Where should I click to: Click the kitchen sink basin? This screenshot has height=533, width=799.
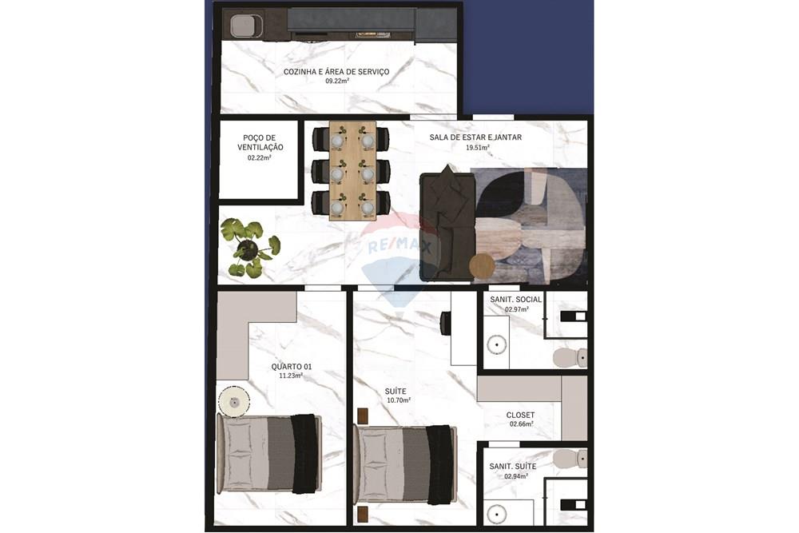tap(245, 26)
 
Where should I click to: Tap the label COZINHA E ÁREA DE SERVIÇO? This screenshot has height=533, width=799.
tap(336, 72)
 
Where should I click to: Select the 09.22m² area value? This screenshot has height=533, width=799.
tap(336, 82)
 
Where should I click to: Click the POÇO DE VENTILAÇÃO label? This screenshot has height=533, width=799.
tap(260, 142)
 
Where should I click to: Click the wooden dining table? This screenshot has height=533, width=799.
tap(352, 170)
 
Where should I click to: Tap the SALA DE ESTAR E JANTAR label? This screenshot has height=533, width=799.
tap(475, 137)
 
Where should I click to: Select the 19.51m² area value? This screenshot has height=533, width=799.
tap(477, 147)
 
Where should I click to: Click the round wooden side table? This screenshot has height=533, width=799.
tap(482, 265)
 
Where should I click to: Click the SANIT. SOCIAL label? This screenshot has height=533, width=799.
tap(515, 300)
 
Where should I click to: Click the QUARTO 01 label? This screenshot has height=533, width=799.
tap(291, 367)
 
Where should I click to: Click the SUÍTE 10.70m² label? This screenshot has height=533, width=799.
tap(396, 395)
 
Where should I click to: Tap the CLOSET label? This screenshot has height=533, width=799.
tap(520, 416)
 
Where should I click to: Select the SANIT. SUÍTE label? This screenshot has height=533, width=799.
tap(513, 466)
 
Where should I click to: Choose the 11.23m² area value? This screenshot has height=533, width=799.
tap(290, 376)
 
